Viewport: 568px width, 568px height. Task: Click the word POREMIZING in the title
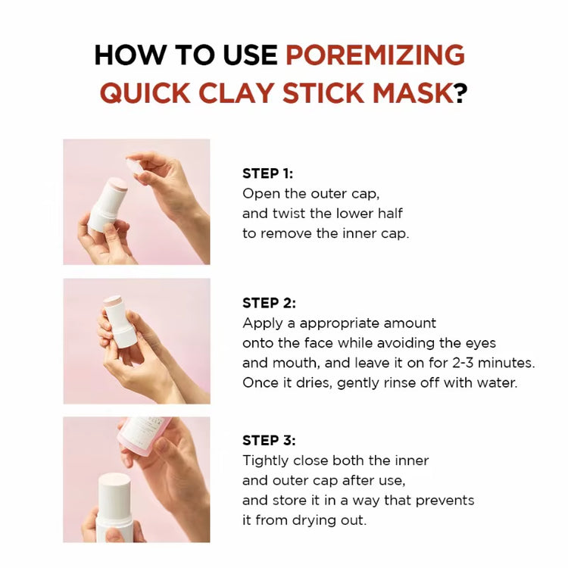375,55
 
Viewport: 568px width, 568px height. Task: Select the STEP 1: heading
267,173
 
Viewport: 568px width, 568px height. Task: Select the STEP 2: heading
268,303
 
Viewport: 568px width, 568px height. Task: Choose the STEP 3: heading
268,440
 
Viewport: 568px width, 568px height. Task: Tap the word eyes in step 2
481,343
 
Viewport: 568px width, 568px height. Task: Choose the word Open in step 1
259,194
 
